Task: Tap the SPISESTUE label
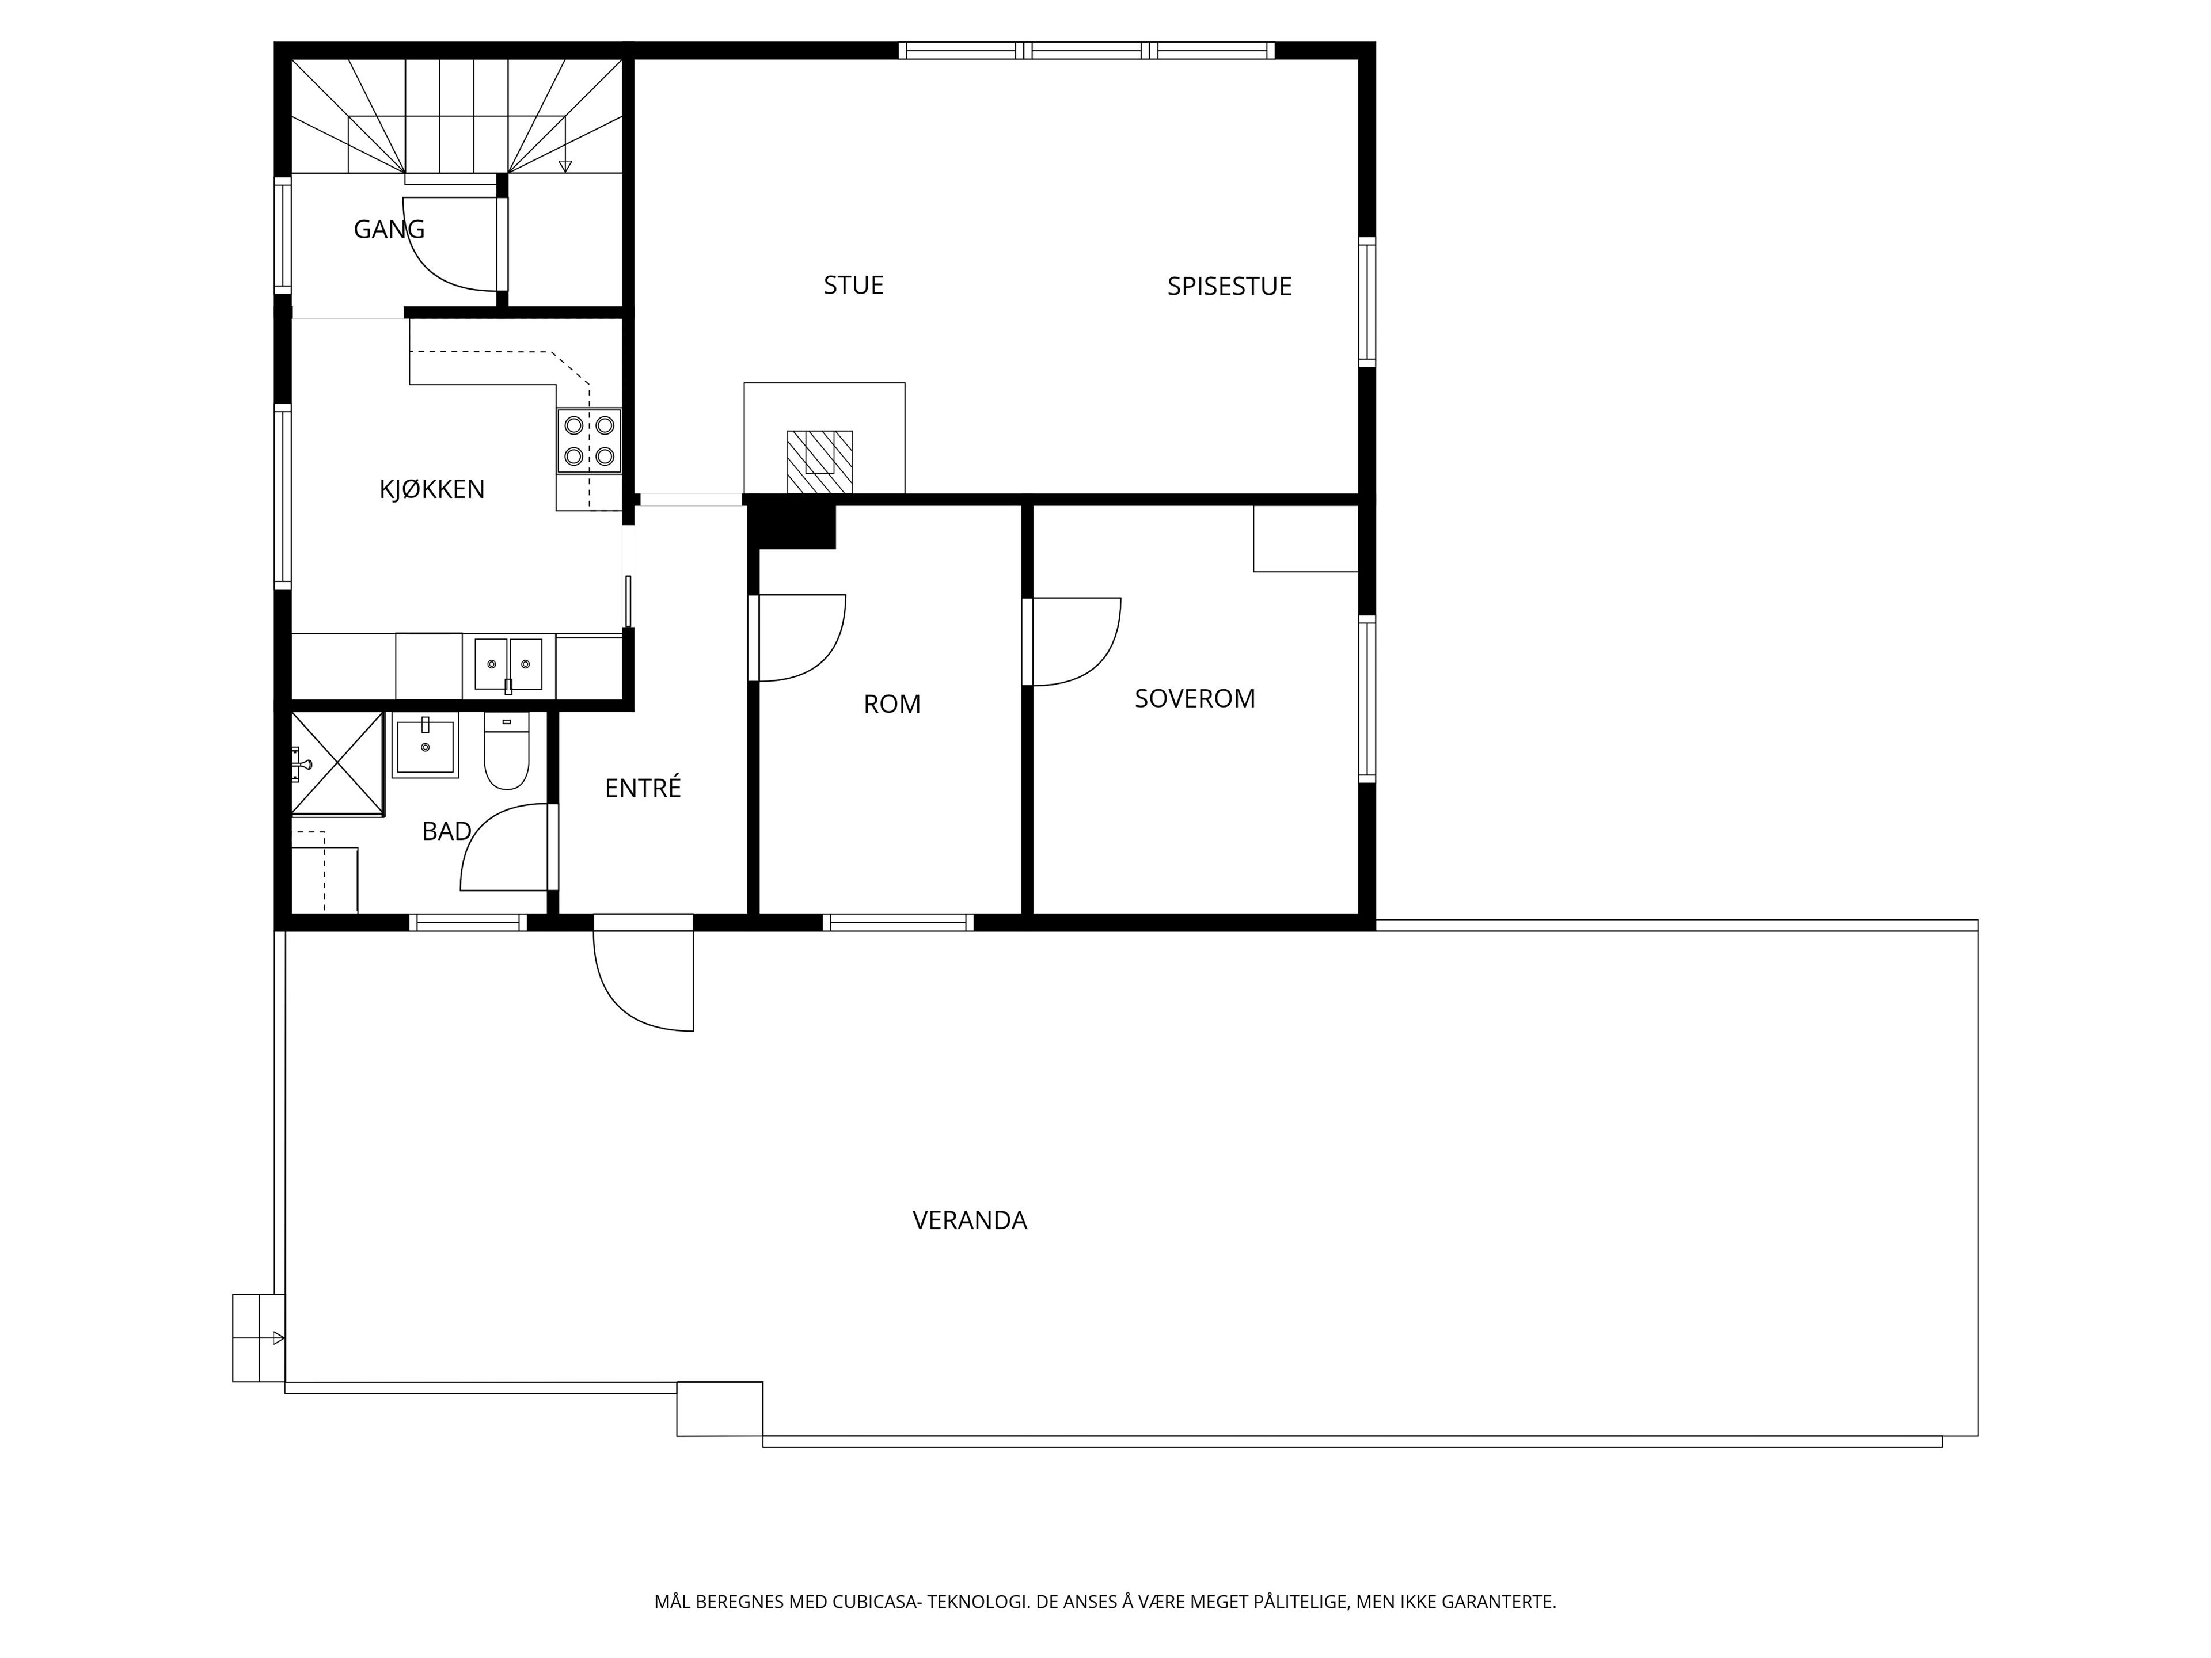[1229, 287]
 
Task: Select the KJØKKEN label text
[432, 490]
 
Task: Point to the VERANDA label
[970, 1220]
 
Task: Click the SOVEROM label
[1195, 698]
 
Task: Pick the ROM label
[891, 705]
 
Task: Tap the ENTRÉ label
[643, 788]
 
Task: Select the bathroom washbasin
[425, 744]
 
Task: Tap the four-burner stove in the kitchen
[588, 441]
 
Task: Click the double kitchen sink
[508, 664]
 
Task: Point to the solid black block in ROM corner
[792, 523]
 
